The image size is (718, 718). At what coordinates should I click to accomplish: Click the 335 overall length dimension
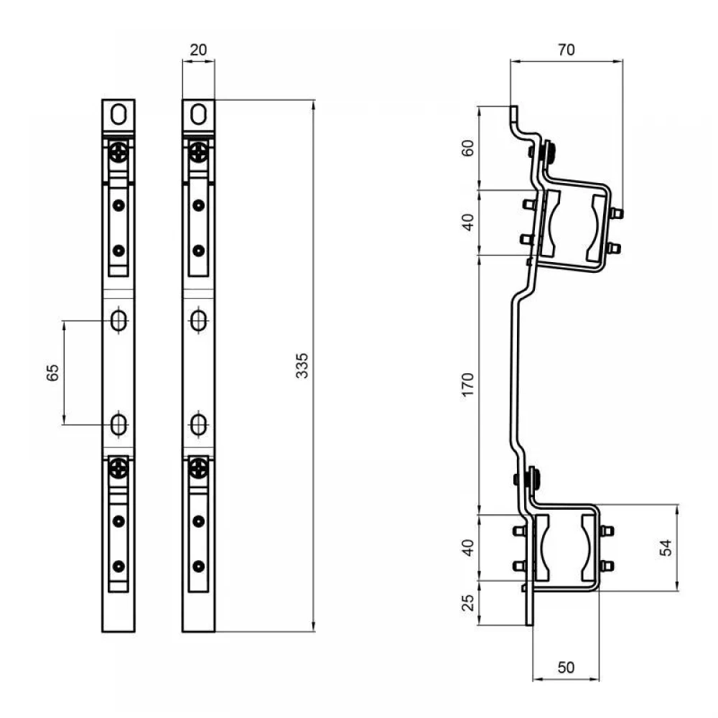click(302, 365)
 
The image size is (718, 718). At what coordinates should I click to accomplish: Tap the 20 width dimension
click(198, 50)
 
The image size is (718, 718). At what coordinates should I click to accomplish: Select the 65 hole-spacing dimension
click(52, 372)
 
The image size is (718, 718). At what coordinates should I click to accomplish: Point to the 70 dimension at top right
click(566, 50)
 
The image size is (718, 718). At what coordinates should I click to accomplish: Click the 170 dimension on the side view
click(467, 385)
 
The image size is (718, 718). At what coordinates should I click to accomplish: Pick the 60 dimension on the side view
click(467, 148)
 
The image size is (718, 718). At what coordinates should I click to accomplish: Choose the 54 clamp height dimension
click(666, 548)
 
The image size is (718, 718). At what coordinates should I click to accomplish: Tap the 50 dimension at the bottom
click(566, 667)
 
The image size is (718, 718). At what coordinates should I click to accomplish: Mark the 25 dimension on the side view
click(467, 602)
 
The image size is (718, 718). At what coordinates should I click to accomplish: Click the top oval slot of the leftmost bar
click(118, 114)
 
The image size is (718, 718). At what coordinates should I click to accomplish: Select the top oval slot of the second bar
click(198, 114)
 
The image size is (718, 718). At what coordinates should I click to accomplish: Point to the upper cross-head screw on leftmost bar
click(118, 151)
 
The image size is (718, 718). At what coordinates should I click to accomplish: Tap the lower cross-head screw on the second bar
click(198, 468)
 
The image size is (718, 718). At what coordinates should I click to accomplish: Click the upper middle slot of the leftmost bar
click(118, 320)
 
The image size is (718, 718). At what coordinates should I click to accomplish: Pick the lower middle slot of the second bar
click(198, 424)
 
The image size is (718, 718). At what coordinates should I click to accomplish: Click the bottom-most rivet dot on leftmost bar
click(118, 567)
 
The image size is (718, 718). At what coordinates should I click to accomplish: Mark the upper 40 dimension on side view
click(467, 222)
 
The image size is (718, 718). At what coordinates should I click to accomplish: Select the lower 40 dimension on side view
click(467, 548)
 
